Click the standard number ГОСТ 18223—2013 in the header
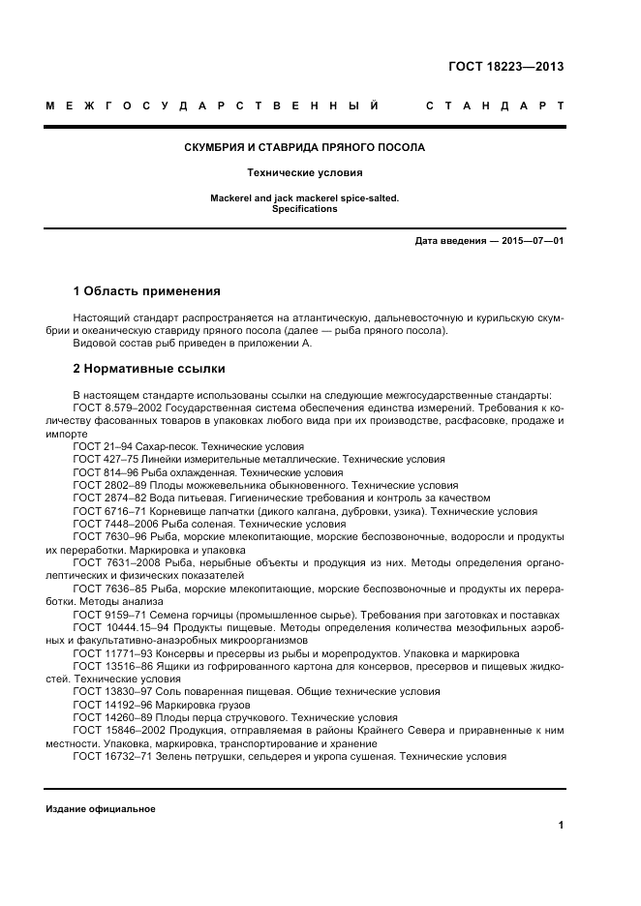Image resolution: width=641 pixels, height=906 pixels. tap(505, 67)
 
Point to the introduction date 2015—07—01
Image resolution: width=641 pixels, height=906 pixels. tap(532, 240)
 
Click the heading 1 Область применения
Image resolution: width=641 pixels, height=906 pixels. tap(147, 290)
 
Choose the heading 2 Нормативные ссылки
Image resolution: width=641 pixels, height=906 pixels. tap(149, 369)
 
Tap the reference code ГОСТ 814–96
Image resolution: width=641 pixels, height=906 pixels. tap(102, 471)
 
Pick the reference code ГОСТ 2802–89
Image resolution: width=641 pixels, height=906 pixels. tap(106, 484)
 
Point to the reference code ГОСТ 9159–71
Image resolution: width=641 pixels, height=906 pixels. tap(106, 614)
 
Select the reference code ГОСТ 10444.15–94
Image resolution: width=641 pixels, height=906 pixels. tap(117, 627)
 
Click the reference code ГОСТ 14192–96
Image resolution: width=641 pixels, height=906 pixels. tap(108, 705)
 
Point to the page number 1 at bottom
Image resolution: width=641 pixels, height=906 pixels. tap(561, 826)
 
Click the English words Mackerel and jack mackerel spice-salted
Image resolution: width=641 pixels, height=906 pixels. tap(304, 198)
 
